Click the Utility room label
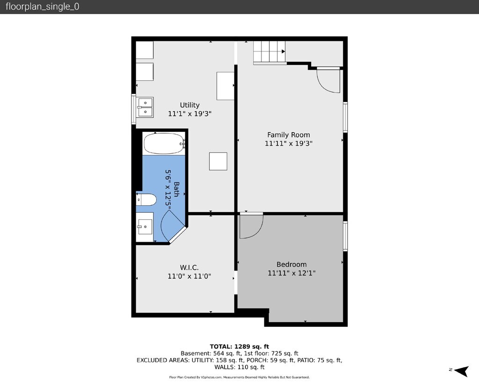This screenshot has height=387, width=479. point(190,105)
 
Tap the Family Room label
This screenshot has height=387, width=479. point(288,135)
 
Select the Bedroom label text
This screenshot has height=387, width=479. point(291,264)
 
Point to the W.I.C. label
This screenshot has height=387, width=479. point(189,268)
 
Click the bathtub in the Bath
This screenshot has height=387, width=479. point(164,143)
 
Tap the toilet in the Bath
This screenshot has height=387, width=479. point(146,200)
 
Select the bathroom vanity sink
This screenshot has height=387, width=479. point(145,227)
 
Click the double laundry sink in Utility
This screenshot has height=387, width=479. point(145,107)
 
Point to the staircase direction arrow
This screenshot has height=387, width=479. point(283,51)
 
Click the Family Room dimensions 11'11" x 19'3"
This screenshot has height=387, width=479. point(288,143)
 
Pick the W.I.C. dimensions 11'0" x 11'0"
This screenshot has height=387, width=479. point(189,276)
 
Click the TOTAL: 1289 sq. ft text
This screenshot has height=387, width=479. point(239,346)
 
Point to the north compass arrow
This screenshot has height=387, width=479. point(462,371)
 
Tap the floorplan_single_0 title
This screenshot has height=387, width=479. point(43,7)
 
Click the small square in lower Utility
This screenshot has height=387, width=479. point(218,161)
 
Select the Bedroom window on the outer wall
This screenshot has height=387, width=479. point(345,236)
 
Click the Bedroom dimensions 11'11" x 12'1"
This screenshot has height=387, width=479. point(291,273)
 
